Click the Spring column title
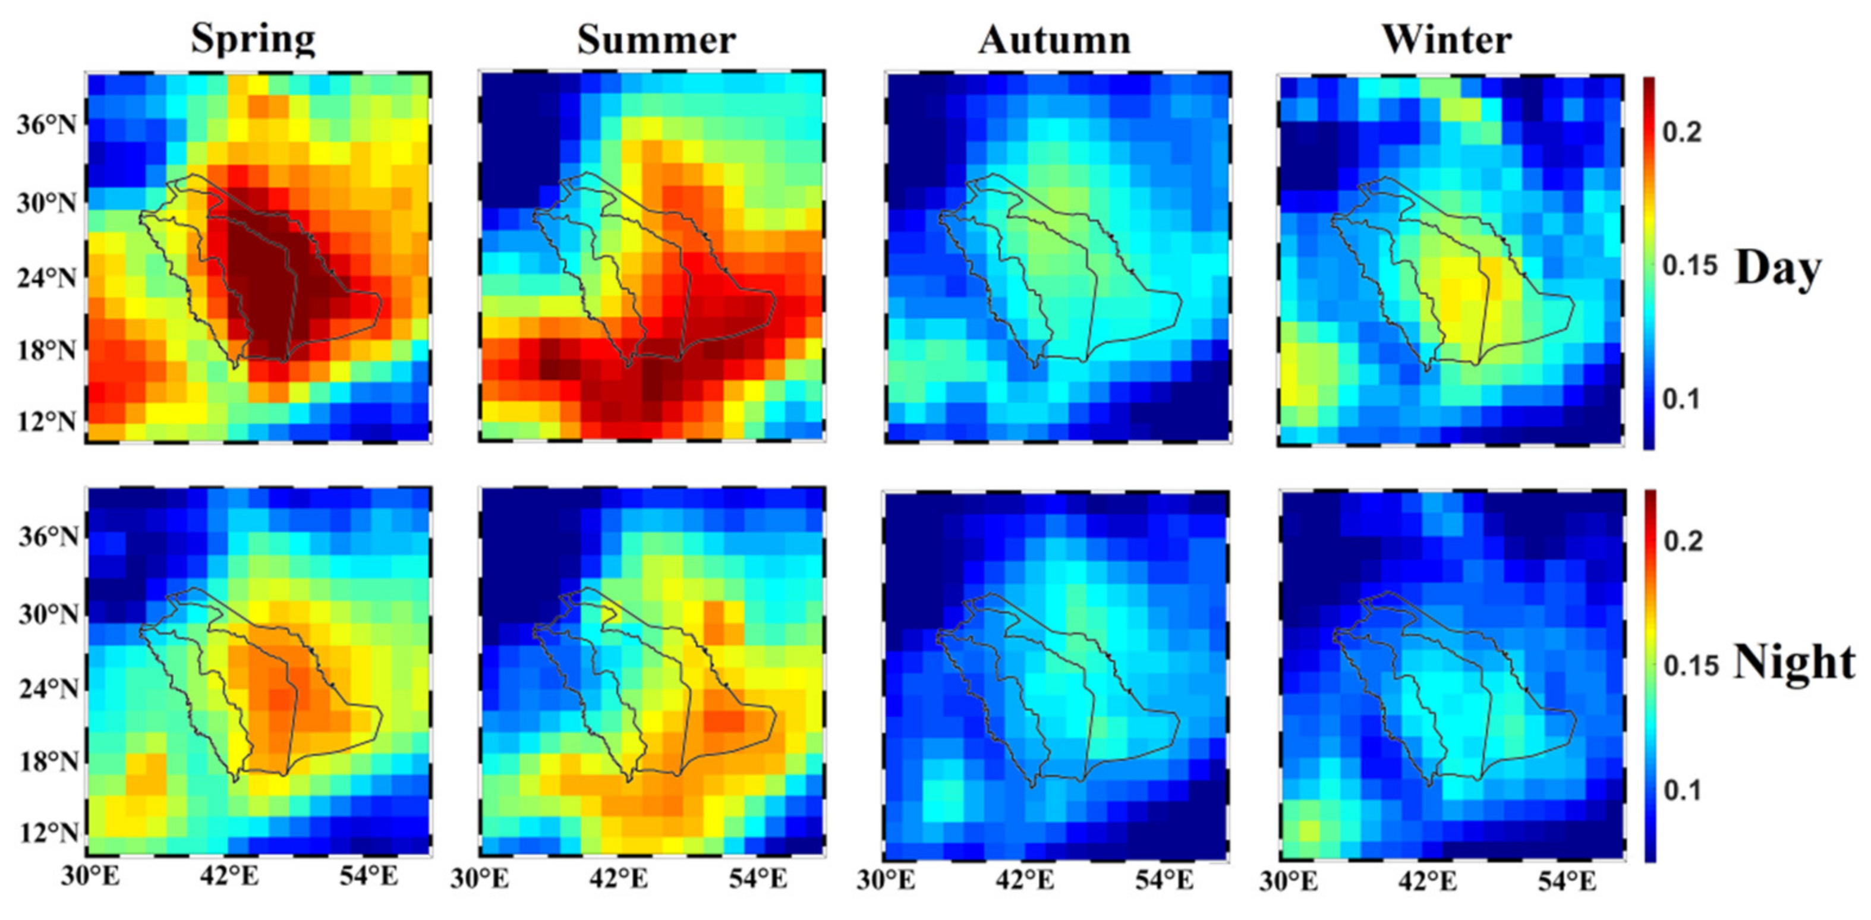pyautogui.click(x=253, y=39)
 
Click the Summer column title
pyautogui.click(x=657, y=39)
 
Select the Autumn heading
pyautogui.click(x=1054, y=39)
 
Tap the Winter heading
pyautogui.click(x=1447, y=39)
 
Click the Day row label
pyautogui.click(x=1778, y=269)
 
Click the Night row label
pyautogui.click(x=1794, y=662)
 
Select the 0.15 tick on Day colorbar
pyautogui.click(x=1689, y=266)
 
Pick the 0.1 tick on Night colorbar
pyautogui.click(x=1682, y=790)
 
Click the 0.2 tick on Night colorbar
pyautogui.click(x=1682, y=541)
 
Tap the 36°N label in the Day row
pyautogui.click(x=46, y=125)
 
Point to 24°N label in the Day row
pyautogui.click(x=46, y=278)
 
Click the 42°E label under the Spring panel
pyautogui.click(x=230, y=877)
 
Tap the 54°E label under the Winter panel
pyautogui.click(x=1567, y=881)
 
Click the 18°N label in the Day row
pyautogui.click(x=46, y=351)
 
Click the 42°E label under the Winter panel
pyautogui.click(x=1427, y=881)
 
